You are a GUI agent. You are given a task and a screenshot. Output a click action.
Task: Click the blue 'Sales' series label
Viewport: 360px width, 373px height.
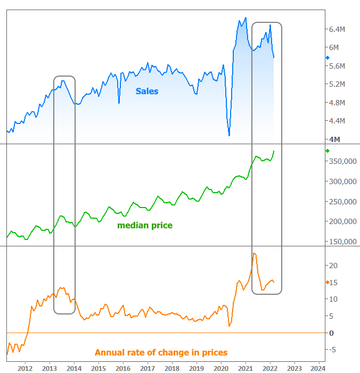[146, 91]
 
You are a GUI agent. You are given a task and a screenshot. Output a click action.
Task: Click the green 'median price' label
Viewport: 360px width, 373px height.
[145, 226]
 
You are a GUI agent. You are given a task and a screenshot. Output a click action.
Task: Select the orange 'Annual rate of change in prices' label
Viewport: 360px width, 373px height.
[161, 352]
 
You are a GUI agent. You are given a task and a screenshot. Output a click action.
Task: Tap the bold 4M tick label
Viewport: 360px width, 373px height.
[335, 139]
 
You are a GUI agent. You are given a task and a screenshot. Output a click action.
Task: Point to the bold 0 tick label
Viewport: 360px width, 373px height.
[331, 333]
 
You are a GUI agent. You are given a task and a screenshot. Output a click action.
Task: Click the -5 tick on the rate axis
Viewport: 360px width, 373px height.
[332, 350]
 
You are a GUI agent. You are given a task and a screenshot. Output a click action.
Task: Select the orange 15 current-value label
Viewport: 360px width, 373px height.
[333, 282]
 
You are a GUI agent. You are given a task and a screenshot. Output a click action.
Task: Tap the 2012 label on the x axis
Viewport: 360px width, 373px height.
[25, 368]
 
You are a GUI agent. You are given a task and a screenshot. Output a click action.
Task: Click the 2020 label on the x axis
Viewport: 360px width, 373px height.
[220, 368]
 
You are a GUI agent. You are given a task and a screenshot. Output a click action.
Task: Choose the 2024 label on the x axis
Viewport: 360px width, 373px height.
[318, 368]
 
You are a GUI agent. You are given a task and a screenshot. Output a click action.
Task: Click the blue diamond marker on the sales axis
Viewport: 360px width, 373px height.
[328, 57]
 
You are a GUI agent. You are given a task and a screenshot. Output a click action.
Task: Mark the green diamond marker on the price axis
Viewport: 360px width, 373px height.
[328, 151]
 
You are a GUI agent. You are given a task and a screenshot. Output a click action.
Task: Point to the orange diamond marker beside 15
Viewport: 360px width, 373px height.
[327, 282]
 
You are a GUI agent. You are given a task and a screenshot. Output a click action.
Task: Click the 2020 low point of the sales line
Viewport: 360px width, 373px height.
[229, 135]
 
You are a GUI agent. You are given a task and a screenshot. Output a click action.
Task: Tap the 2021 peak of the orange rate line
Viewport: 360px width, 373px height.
[255, 253]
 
